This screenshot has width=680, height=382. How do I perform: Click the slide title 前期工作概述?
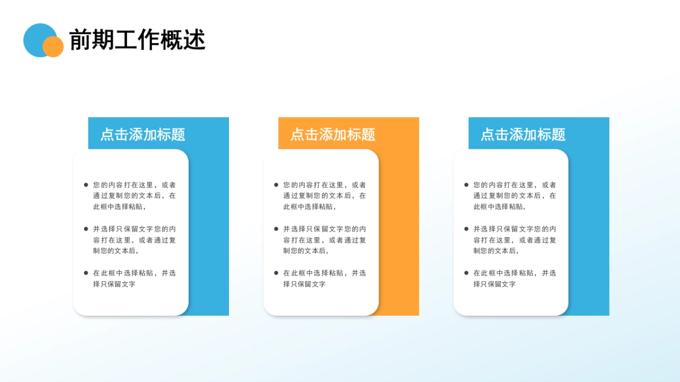tap(137, 40)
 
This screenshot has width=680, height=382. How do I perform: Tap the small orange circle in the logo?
tap(53, 47)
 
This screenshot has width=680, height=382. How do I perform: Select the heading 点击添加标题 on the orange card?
tap(333, 135)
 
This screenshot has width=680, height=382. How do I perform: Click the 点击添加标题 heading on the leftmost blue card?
tap(143, 135)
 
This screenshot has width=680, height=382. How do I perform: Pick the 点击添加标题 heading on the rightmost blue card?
tap(523, 135)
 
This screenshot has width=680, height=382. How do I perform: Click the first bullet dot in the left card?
tap(86, 184)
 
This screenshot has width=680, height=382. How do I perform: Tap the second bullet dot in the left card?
tap(86, 229)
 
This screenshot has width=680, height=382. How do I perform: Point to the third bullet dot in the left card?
tap(86, 273)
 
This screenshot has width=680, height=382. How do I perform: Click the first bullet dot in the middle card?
tap(276, 184)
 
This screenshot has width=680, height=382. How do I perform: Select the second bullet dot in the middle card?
tap(276, 229)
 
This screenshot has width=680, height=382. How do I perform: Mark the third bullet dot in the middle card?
tap(276, 273)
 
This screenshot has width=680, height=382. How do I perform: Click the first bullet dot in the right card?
tap(466, 184)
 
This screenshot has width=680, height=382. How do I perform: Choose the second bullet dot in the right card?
tap(466, 229)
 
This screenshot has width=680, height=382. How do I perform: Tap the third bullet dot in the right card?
tap(466, 273)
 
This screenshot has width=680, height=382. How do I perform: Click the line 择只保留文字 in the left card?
tap(114, 284)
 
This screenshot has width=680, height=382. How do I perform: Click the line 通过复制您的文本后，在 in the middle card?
tap(325, 196)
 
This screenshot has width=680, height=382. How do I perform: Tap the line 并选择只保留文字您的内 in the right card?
tap(515, 229)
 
